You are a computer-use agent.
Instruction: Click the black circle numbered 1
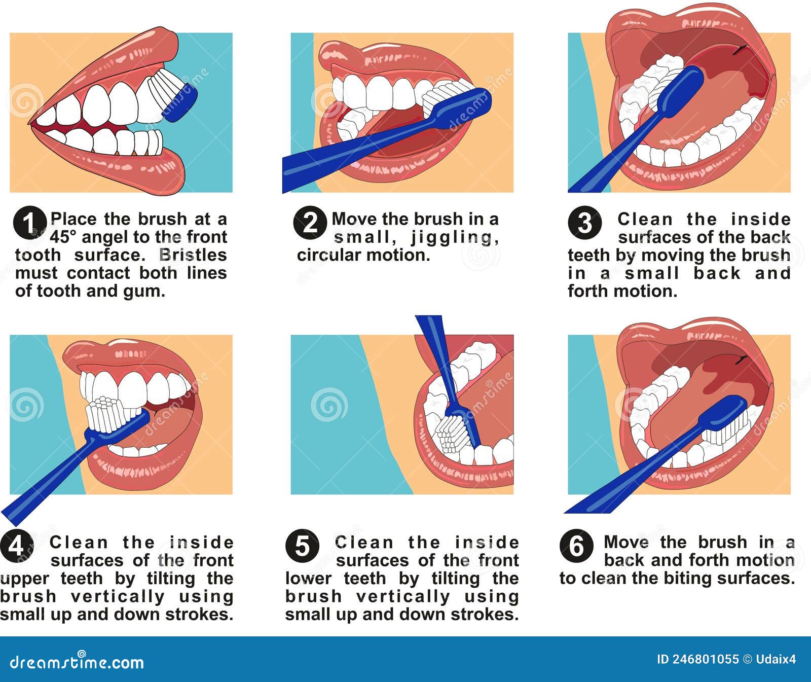(x=30, y=223)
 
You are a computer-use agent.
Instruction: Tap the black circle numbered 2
(x=310, y=223)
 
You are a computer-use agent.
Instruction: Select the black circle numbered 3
(x=584, y=223)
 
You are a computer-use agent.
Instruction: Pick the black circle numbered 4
(x=17, y=546)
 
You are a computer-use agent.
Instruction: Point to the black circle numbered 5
(x=302, y=546)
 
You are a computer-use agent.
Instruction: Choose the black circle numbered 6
(x=576, y=546)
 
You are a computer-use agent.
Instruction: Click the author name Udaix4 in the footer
(x=776, y=659)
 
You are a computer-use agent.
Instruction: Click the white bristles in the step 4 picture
(x=108, y=413)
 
